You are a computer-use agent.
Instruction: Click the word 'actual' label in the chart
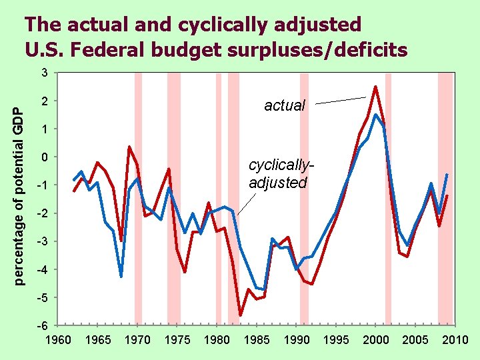tap(285, 105)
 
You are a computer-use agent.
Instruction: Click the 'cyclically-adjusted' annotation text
tap(279, 173)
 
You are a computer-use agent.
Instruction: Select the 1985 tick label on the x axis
tap(257, 340)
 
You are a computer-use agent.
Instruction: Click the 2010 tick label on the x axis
tap(455, 340)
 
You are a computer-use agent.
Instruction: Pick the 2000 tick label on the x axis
tap(376, 340)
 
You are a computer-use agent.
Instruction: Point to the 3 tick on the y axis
tap(43, 73)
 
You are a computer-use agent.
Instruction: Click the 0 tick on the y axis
tap(43, 157)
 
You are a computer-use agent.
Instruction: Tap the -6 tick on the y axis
tap(41, 325)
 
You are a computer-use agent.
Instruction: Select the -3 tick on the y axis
tap(41, 241)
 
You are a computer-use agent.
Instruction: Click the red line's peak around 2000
tap(375, 87)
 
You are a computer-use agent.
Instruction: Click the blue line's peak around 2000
tap(375, 115)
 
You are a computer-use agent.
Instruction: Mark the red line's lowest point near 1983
tap(240, 315)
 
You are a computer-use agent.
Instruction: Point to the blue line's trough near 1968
tap(121, 276)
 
